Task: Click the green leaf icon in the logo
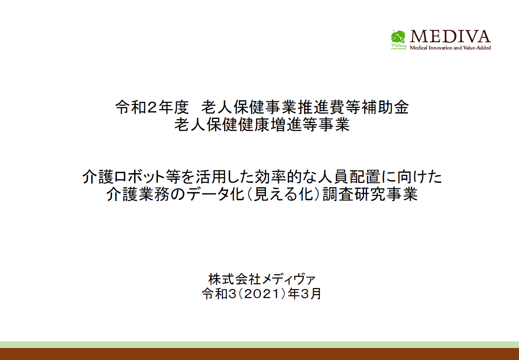pyautogui.click(x=398, y=36)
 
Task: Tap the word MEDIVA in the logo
pyautogui.click(x=450, y=36)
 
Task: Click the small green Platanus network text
pyautogui.click(x=398, y=46)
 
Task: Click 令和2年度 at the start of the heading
pyautogui.click(x=152, y=107)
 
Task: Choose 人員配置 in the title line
pyautogui.click(x=349, y=176)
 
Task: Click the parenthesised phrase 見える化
pyautogui.click(x=284, y=194)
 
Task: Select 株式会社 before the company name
pyautogui.click(x=234, y=279)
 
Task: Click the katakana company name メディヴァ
pyautogui.click(x=288, y=279)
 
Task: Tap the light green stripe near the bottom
pyautogui.click(x=259, y=345)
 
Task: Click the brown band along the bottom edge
pyautogui.click(x=259, y=354)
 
